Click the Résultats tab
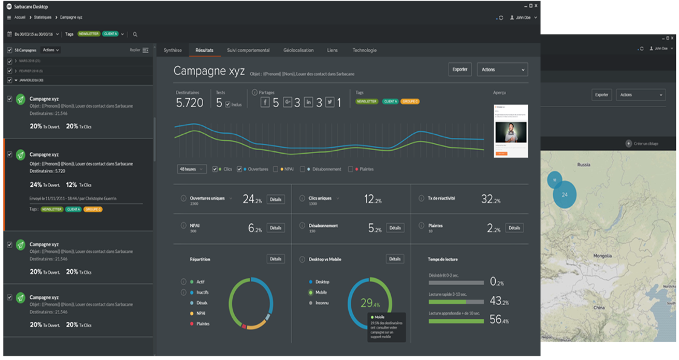tap(204, 50)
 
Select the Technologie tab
tap(365, 50)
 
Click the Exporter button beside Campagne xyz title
tap(460, 70)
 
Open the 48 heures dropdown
tap(192, 169)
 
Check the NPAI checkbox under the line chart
tap(276, 169)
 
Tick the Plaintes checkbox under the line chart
tap(351, 169)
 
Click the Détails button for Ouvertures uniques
tap(276, 199)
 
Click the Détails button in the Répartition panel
tap(276, 259)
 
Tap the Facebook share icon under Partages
tap(265, 102)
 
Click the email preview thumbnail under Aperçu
tap(510, 131)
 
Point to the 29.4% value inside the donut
tap(369, 304)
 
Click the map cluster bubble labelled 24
tap(564, 195)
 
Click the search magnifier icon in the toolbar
tap(135, 34)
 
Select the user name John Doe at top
tap(523, 18)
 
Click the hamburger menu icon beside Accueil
tap(8, 18)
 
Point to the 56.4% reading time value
tap(499, 320)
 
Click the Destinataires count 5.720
tap(190, 103)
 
